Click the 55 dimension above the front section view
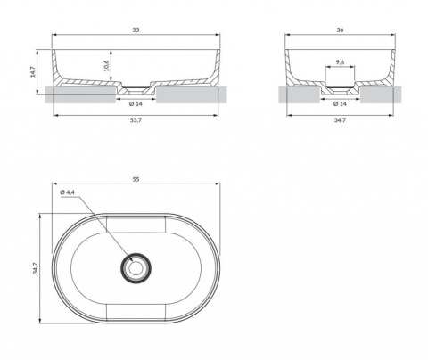(136, 29)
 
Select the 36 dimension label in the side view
(340, 29)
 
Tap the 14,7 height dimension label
(33, 71)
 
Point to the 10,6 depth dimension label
(106, 65)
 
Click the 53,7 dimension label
(136, 120)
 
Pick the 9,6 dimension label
(340, 62)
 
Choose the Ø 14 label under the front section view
(136, 103)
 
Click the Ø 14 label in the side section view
(340, 103)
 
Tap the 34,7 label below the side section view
(340, 120)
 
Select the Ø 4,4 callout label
(67, 192)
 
